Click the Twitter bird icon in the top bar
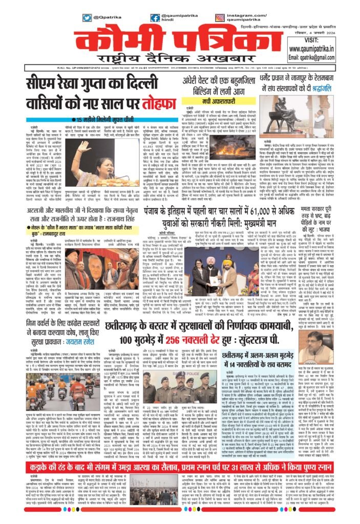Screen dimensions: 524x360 87,17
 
